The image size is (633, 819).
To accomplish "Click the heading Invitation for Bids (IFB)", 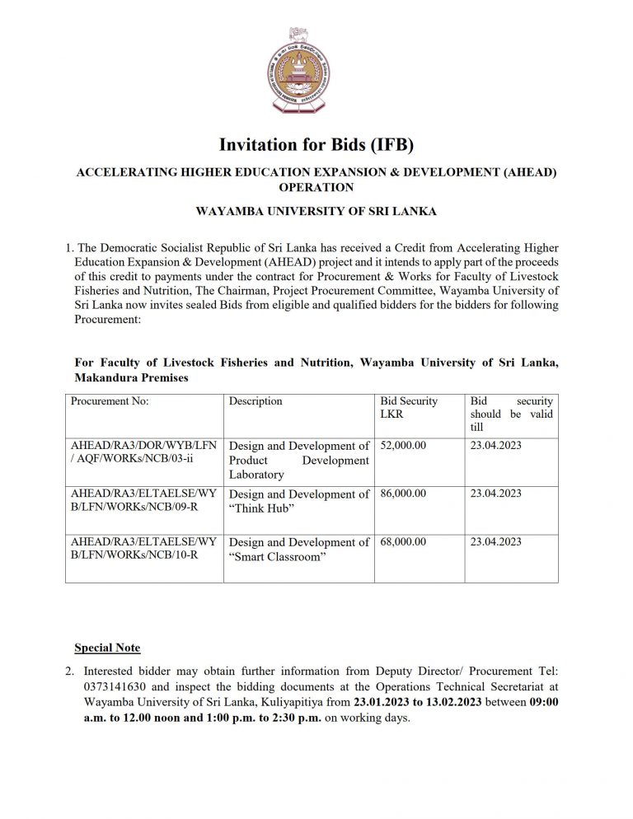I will (x=316, y=146).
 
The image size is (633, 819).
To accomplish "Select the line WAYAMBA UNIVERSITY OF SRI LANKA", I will (x=316, y=211).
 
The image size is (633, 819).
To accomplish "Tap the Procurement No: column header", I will (x=110, y=401).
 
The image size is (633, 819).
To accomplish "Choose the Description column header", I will (x=256, y=401).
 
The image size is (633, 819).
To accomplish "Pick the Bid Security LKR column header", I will (x=409, y=408).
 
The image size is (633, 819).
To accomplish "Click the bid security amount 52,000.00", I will (x=404, y=446).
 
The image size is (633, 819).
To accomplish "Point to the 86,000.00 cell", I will (x=404, y=494).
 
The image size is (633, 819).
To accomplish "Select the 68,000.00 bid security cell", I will (x=404, y=542).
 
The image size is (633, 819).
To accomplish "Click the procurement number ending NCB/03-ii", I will (x=144, y=452).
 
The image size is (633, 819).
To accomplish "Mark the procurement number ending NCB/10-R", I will (x=144, y=549).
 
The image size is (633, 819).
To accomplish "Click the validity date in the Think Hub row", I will (x=496, y=494).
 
